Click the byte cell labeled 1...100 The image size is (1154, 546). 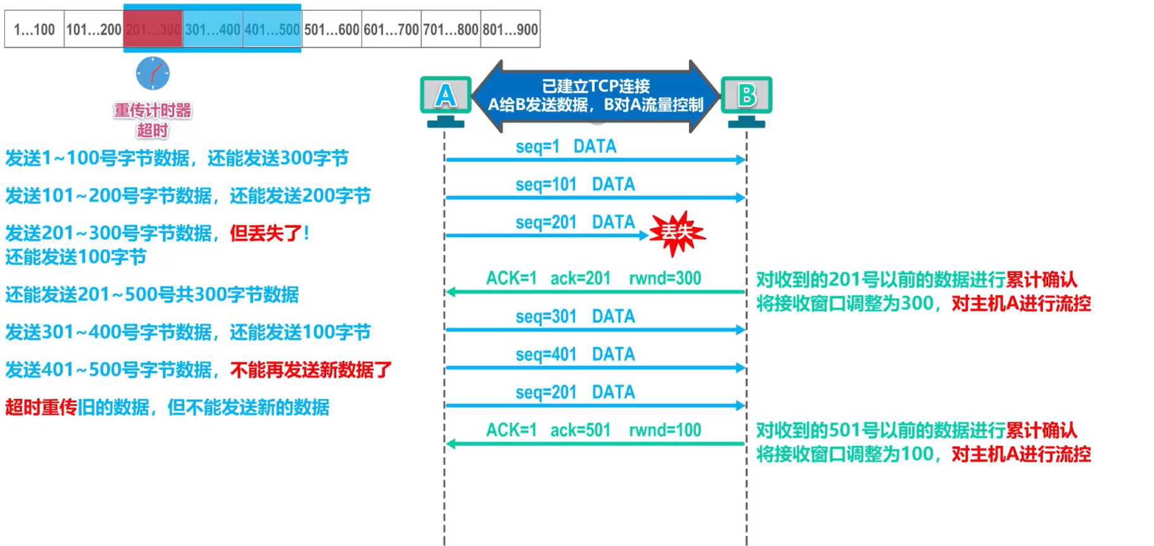(34, 29)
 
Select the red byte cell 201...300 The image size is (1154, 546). (153, 29)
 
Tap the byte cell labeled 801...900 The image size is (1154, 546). (510, 29)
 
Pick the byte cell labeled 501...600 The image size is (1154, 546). (332, 29)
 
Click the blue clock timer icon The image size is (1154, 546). (153, 74)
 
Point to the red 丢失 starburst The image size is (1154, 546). (677, 233)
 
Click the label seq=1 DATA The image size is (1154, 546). (566, 146)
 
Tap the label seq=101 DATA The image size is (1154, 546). (575, 185)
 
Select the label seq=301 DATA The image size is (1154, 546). (575, 316)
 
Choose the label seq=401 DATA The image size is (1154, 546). (575, 354)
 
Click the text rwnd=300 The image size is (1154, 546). (665, 278)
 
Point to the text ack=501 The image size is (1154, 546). (580, 431)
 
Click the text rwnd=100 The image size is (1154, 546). (665, 431)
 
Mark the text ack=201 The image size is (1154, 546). (580, 278)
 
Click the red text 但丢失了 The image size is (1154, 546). (269, 233)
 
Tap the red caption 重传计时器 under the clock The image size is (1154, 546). (153, 110)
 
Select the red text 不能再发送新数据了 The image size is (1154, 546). (311, 370)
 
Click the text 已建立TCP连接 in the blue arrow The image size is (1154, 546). (595, 86)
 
